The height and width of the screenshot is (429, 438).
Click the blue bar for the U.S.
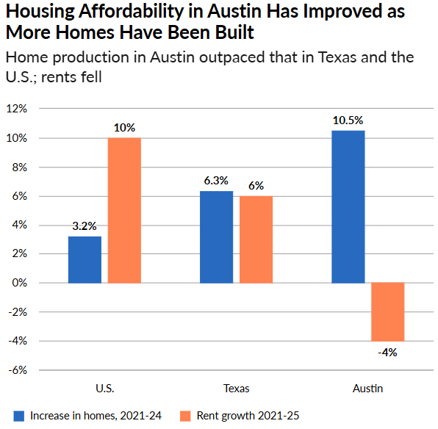point(85,259)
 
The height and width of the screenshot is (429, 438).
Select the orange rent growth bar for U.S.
point(124,210)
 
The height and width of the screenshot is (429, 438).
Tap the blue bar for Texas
point(216,237)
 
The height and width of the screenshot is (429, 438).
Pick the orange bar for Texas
point(256,239)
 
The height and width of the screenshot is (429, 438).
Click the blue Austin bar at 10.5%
point(348,206)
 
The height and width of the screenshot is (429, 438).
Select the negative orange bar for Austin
point(387,311)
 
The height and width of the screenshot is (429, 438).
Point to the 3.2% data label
point(85,226)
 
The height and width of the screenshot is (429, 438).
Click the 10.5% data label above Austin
point(348,120)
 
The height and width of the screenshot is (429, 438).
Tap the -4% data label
point(387,352)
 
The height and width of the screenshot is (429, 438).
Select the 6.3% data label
point(216,181)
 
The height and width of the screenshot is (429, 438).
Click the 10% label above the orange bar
point(124,128)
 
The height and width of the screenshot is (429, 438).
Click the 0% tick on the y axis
point(18,283)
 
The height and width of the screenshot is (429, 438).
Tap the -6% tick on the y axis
point(17,369)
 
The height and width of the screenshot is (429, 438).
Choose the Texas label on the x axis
point(236,388)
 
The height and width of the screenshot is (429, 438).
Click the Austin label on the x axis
point(367,388)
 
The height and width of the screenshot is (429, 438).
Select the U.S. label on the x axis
point(104,388)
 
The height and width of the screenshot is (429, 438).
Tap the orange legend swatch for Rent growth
point(186,416)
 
